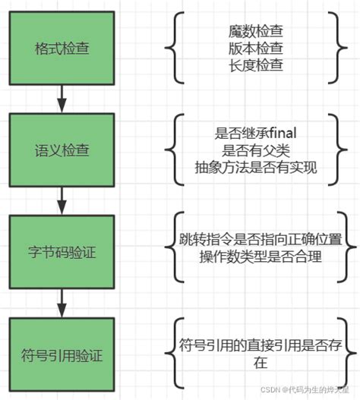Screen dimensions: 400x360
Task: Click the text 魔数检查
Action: (x=255, y=32)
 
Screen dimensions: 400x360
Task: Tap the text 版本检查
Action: (x=255, y=49)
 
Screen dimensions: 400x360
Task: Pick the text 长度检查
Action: (x=255, y=65)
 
